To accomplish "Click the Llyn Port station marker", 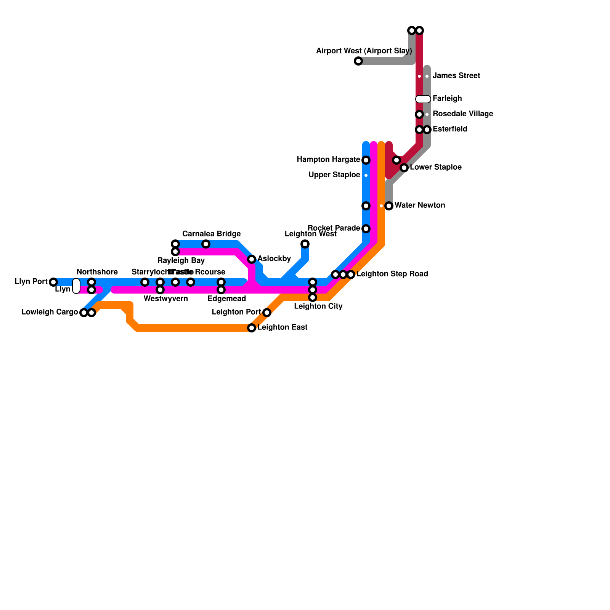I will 53,282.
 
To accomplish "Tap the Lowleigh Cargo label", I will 50,312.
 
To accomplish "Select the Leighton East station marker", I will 252,328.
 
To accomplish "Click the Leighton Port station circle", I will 267,313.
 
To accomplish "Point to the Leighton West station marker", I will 305,244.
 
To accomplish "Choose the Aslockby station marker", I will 252,259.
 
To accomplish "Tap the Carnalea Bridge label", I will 211,234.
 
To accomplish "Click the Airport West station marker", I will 358,61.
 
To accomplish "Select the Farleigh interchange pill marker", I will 423,99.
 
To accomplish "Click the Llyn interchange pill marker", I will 76,286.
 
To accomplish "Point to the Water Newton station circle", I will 389,206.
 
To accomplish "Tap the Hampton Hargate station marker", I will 366,160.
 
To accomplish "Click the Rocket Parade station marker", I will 366,229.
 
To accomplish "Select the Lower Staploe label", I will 436,167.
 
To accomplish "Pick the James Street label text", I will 456,76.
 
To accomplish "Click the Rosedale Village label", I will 463,114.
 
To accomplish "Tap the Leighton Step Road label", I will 392,274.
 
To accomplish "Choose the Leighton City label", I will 318,306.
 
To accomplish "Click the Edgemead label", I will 226,299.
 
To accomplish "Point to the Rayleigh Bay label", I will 181,261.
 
